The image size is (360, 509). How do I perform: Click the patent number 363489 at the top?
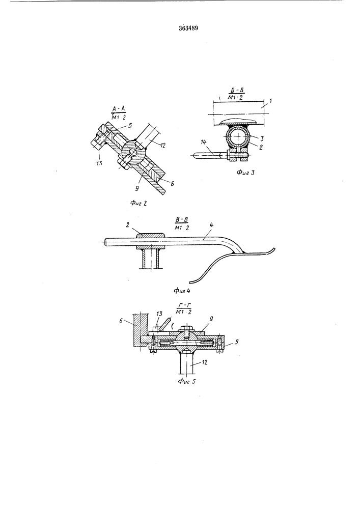point(188,28)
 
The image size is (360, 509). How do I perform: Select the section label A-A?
point(119,109)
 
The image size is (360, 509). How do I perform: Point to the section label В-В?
point(182,220)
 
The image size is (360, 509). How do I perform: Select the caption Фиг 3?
point(245,173)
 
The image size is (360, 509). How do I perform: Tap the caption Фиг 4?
point(182,291)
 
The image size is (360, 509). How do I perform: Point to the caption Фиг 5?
point(187,381)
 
